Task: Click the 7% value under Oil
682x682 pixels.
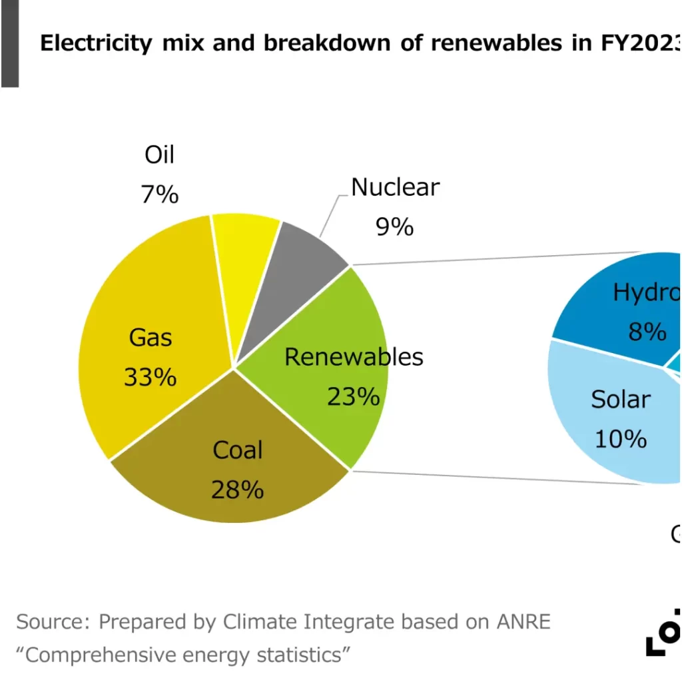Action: point(160,195)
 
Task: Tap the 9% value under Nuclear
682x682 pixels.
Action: point(394,227)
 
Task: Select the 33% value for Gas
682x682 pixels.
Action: point(150,377)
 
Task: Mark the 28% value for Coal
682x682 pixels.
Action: point(237,490)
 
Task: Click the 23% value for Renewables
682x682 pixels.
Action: point(353,397)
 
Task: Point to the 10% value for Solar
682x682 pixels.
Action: point(620,439)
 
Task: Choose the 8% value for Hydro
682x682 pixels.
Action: point(647,331)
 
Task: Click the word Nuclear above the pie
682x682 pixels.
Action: point(395,187)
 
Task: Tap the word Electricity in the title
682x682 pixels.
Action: point(97,43)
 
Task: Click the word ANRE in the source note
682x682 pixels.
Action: point(523,621)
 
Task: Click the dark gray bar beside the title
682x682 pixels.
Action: point(9,43)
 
